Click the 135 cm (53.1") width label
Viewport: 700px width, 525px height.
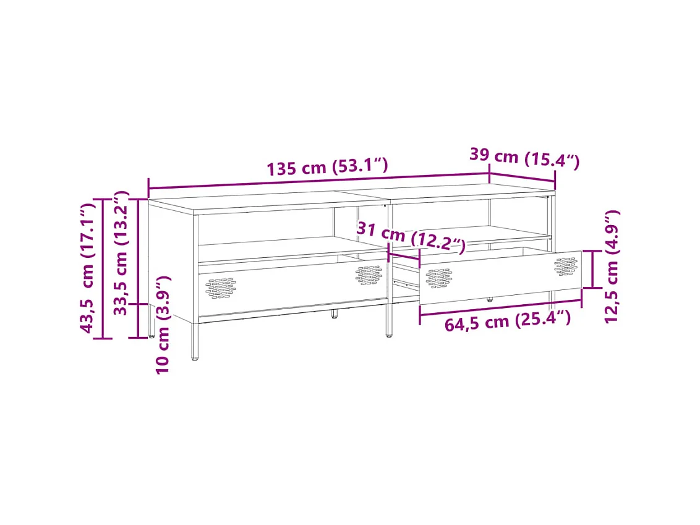pyautogui.click(x=327, y=167)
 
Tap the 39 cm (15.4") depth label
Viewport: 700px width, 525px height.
pyautogui.click(x=524, y=158)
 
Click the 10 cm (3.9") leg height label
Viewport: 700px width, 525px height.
pyautogui.click(x=163, y=325)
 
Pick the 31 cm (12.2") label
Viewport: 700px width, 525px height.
pyautogui.click(x=411, y=238)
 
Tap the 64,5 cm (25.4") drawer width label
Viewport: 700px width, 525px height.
pyautogui.click(x=506, y=322)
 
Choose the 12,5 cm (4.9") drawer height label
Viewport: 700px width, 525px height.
pyautogui.click(x=612, y=267)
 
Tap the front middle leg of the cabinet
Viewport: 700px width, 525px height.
pyautogui.click(x=389, y=322)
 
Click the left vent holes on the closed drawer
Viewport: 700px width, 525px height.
pyautogui.click(x=221, y=288)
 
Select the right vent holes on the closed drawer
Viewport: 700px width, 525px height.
pyautogui.click(x=369, y=275)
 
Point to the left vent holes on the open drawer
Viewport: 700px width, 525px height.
pyautogui.click(x=438, y=278)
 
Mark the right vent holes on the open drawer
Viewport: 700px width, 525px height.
pyautogui.click(x=565, y=266)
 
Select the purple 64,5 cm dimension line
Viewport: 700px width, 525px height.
pyautogui.click(x=501, y=308)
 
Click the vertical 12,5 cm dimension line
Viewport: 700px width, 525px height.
pyautogui.click(x=592, y=269)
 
